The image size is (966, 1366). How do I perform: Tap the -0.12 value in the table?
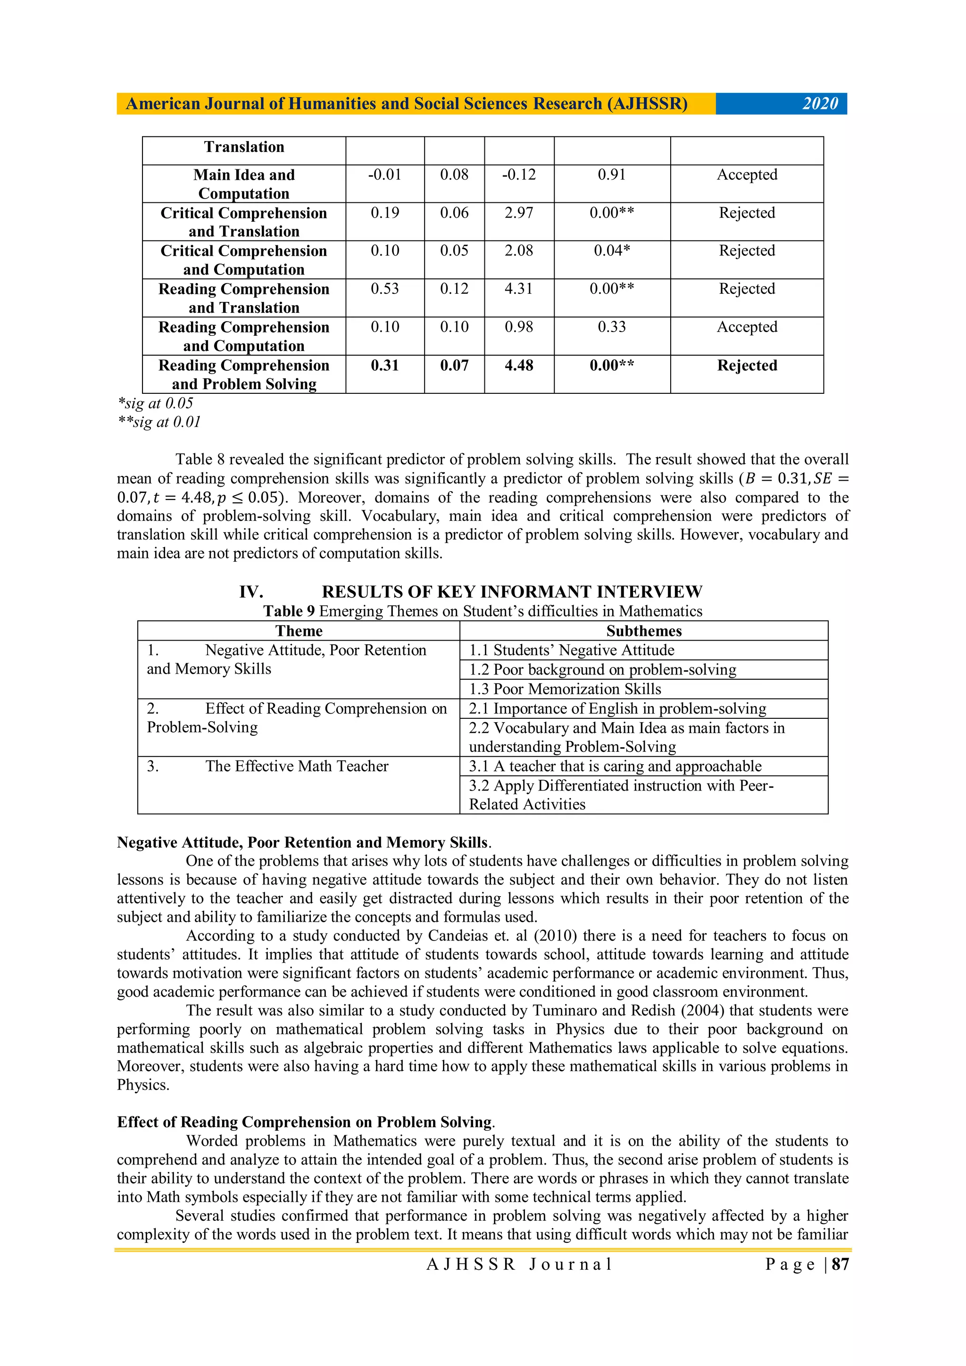click(x=519, y=175)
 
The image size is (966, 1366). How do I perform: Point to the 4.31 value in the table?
click(x=519, y=289)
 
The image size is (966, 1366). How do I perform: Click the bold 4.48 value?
click(x=519, y=365)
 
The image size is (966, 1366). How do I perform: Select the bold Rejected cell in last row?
click(x=747, y=365)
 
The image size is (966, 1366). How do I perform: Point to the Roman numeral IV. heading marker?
click(x=251, y=591)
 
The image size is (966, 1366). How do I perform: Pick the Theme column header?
click(x=299, y=631)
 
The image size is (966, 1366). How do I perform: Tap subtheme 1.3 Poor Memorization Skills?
click(x=565, y=689)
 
